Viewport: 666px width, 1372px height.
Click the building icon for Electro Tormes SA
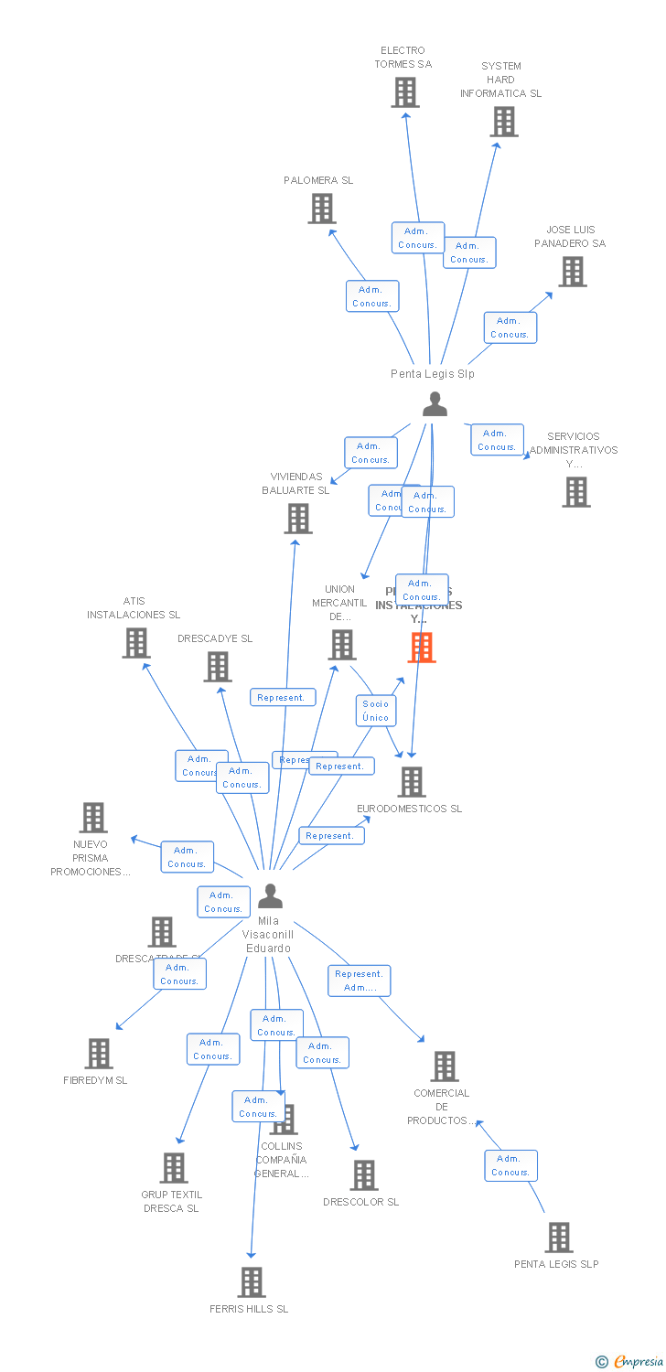pos(405,92)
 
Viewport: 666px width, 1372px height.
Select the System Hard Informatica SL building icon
pos(504,122)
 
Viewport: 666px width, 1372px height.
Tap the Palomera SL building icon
pos(322,209)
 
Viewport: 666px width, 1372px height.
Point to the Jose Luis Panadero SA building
pos(573,272)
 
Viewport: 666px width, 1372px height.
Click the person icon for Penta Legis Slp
pos(435,403)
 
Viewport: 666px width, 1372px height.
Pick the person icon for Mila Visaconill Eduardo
pos(270,895)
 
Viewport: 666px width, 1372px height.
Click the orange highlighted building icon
pos(421,647)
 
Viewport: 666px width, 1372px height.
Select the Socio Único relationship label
pos(376,711)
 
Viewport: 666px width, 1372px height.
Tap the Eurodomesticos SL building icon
pos(412,782)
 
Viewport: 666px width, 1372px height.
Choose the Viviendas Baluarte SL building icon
pos(298,519)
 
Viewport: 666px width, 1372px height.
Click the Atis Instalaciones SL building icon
pos(136,643)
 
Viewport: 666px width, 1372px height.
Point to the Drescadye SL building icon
pos(218,667)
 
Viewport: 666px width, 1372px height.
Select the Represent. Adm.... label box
pos(360,981)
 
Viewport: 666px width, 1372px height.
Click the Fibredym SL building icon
pos(99,1054)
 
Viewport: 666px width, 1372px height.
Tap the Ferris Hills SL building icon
pos(252,1282)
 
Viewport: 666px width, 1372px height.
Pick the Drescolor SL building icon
pos(364,1175)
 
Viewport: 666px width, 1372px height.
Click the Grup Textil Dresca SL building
pos(174,1168)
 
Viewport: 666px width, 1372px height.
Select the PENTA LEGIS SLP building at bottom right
pos(558,1238)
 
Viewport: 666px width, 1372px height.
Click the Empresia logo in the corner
pos(630,1362)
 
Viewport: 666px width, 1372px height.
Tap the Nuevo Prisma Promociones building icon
pos(93,818)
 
